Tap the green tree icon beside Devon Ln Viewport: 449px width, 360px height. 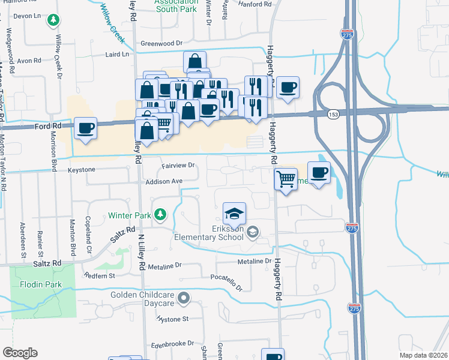click(53, 21)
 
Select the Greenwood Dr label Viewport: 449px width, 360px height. click(161, 43)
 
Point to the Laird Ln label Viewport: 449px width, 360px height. click(117, 54)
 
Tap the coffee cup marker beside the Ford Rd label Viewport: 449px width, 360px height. click(86, 128)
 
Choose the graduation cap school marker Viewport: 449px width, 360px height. click(234, 214)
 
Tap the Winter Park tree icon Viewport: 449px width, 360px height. click(160, 214)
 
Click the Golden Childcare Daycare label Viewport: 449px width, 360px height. click(143, 299)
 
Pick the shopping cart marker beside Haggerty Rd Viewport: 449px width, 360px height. click(286, 179)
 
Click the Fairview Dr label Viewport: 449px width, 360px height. click(178, 165)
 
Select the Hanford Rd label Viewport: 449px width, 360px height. click(255, 4)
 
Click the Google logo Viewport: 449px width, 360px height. click(20, 353)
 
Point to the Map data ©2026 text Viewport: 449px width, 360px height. click(423, 355)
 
